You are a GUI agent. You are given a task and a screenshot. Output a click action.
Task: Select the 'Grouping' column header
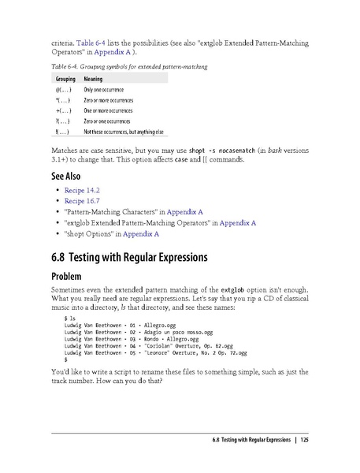coord(65,80)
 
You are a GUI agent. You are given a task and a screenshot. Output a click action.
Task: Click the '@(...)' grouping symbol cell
coord(65,91)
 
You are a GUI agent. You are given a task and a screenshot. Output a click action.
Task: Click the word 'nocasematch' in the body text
coord(215,149)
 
